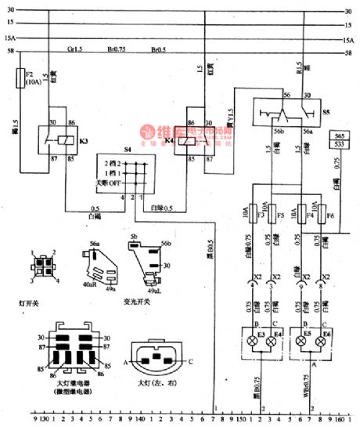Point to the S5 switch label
click(325, 112)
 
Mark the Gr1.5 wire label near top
click(76, 49)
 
